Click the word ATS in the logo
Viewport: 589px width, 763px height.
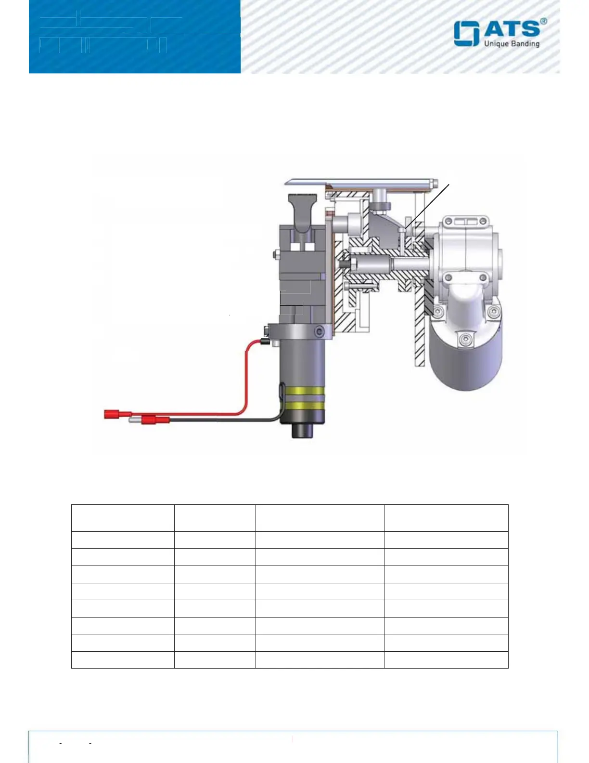pyautogui.click(x=512, y=29)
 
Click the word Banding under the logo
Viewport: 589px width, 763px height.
pyautogui.click(x=522, y=44)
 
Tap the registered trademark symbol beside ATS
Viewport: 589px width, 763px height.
pyautogui.click(x=543, y=21)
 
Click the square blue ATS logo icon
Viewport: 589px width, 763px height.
pyautogui.click(x=467, y=34)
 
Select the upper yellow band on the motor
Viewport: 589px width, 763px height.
pyautogui.click(x=304, y=391)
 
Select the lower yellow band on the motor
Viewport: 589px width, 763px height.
pyautogui.click(x=304, y=406)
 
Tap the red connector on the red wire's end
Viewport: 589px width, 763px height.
pyautogui.click(x=118, y=414)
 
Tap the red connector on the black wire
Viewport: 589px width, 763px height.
pyautogui.click(x=155, y=420)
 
